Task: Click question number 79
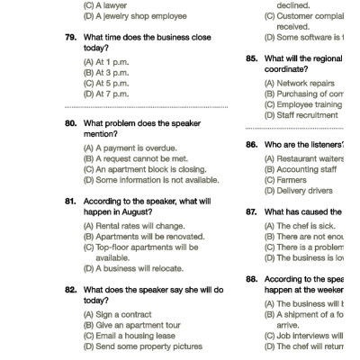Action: point(70,37)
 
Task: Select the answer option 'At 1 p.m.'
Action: point(105,60)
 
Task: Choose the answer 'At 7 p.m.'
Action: point(105,93)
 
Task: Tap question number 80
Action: point(70,123)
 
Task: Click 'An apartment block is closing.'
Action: point(144,169)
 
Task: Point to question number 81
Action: point(70,202)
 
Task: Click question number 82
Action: point(70,290)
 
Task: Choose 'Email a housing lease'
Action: point(130,336)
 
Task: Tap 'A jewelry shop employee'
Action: point(134,16)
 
